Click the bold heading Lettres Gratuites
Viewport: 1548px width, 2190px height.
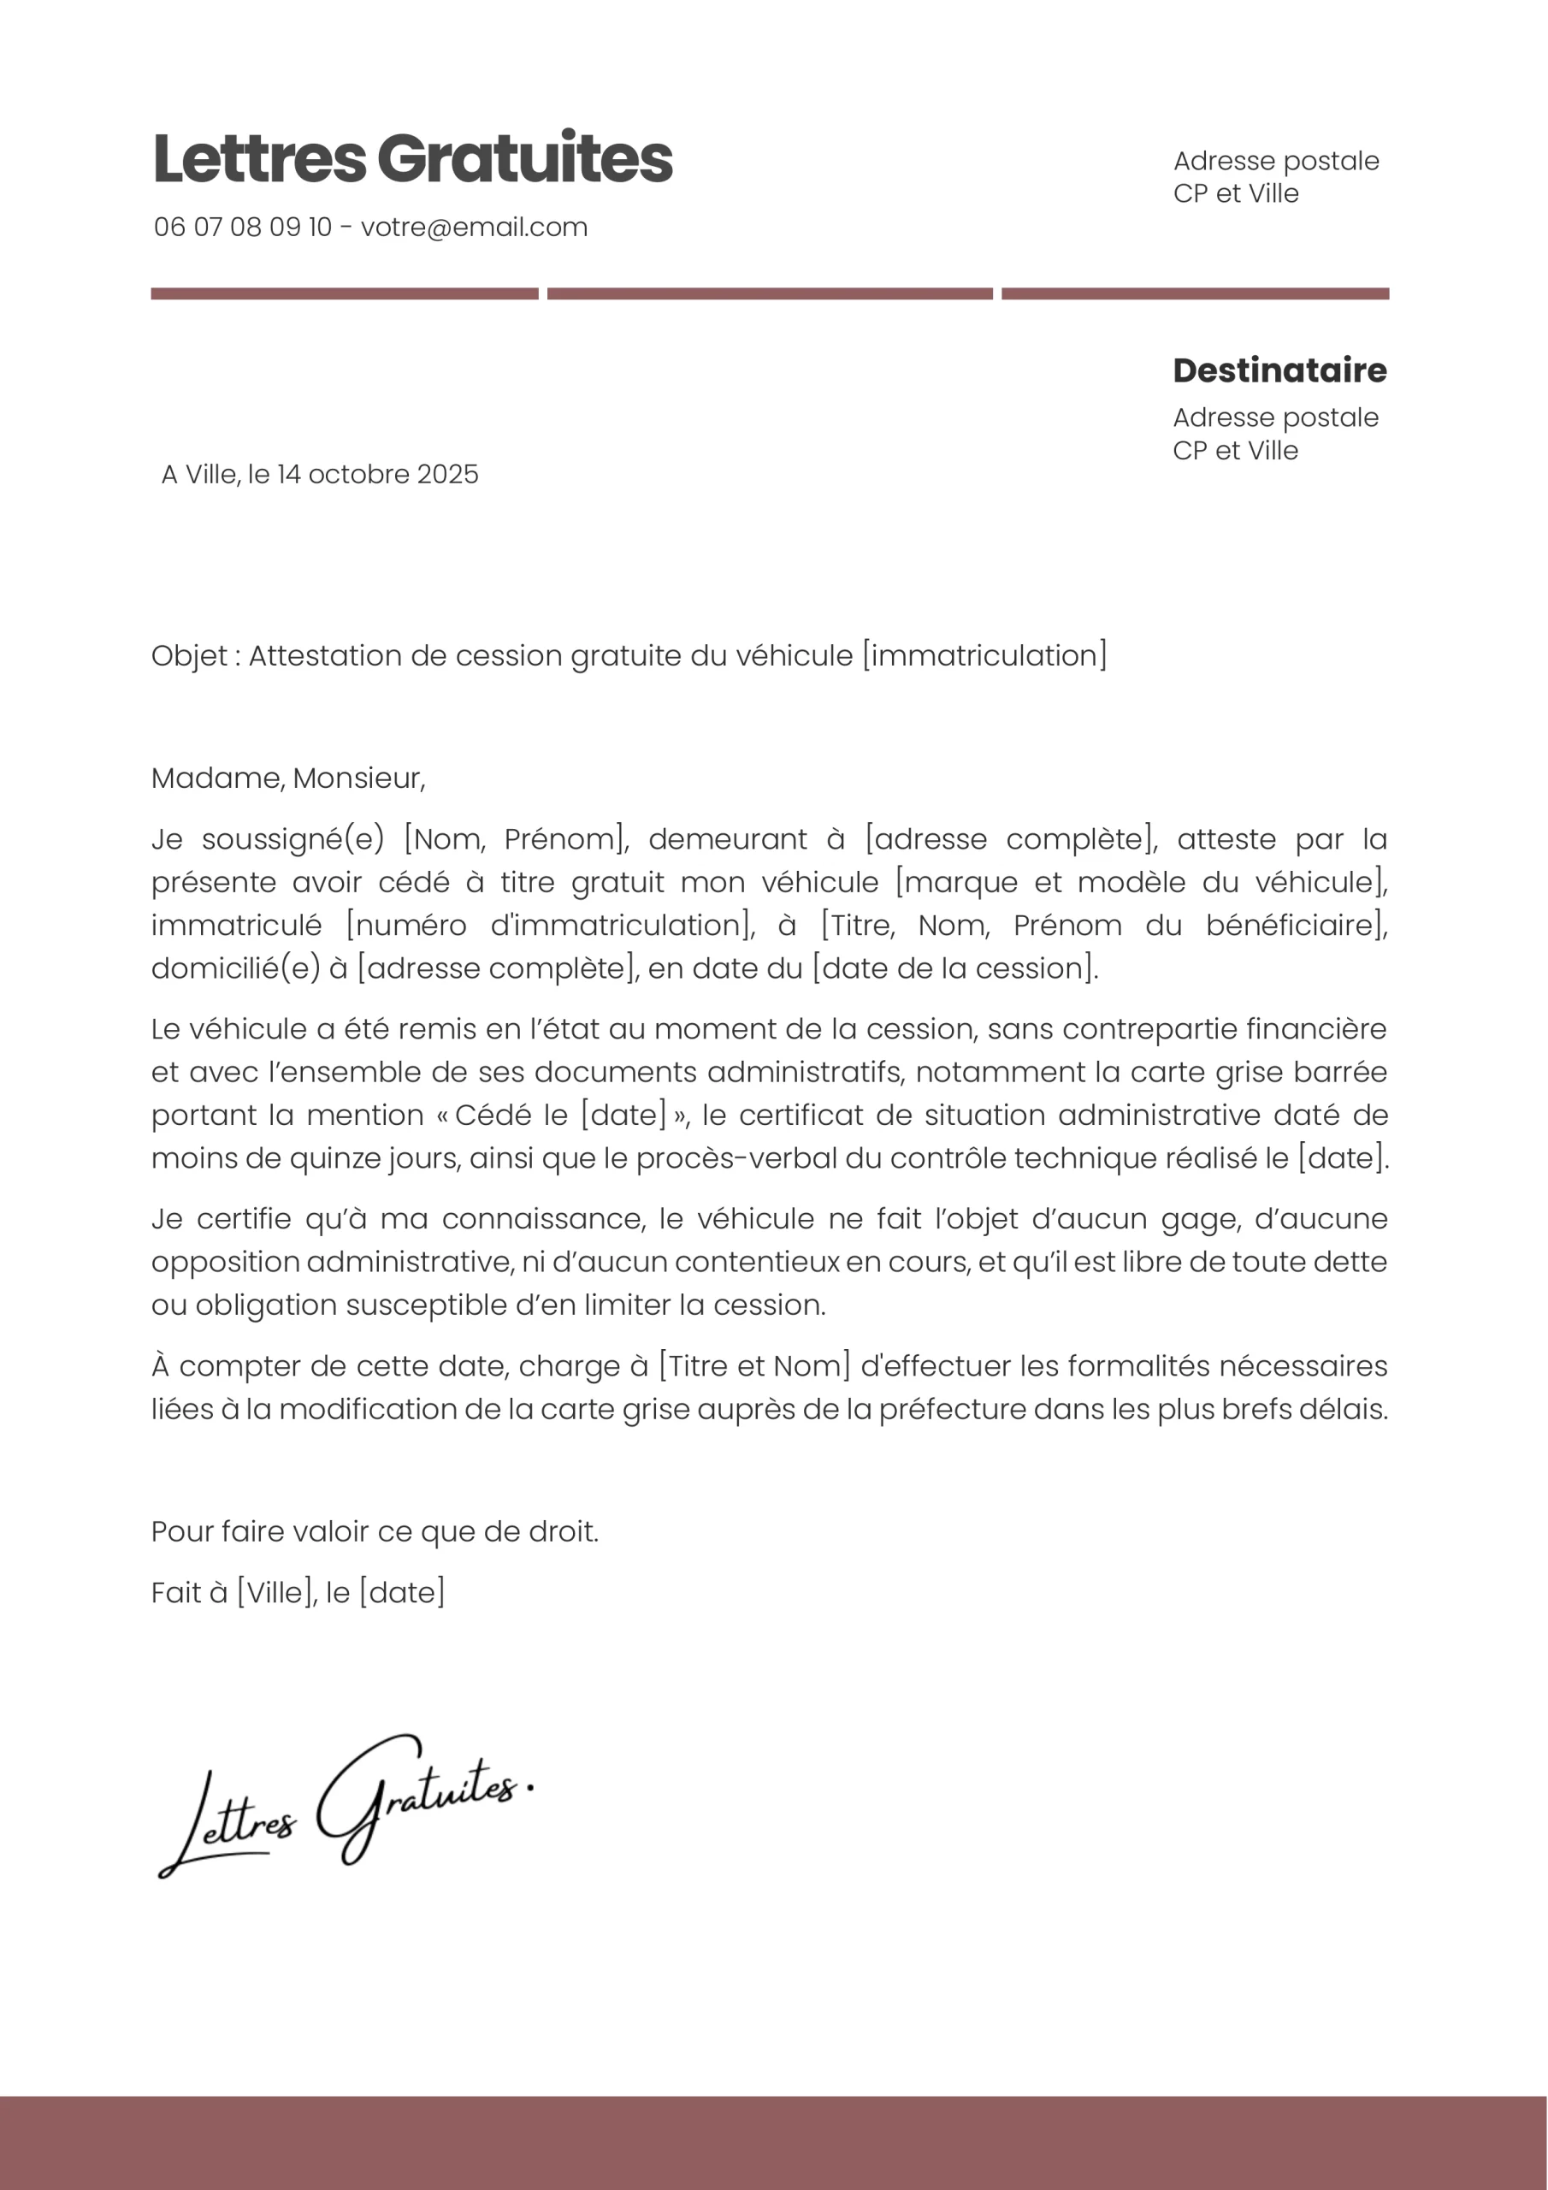click(412, 158)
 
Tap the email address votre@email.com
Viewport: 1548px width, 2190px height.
click(474, 227)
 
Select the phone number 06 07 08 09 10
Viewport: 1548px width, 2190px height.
click(242, 227)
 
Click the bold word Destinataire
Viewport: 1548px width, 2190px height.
click(1279, 370)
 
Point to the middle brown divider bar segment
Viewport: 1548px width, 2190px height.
click(770, 293)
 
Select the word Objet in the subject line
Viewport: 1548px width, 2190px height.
click(189, 656)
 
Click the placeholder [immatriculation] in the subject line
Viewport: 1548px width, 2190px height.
click(984, 656)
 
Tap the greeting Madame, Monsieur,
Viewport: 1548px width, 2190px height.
click(288, 778)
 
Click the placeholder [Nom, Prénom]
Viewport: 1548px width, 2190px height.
click(516, 839)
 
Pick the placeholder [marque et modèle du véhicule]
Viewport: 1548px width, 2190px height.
click(1141, 882)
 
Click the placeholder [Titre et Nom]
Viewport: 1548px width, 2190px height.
click(753, 1366)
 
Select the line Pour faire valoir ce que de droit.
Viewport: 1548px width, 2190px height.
click(375, 1532)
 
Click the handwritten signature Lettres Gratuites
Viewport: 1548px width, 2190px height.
click(343, 1808)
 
